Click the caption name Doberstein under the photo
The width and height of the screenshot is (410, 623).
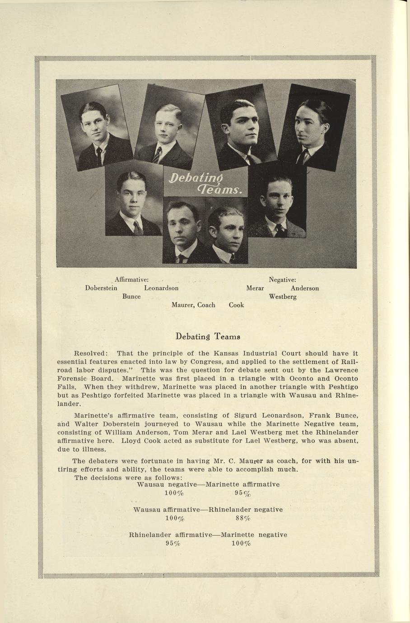click(x=101, y=288)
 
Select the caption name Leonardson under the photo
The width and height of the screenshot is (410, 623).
click(x=161, y=288)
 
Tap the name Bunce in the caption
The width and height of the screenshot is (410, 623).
click(x=131, y=297)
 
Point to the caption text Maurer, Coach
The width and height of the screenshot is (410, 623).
click(x=193, y=305)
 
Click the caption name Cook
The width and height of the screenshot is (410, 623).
click(x=236, y=305)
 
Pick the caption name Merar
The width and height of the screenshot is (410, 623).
click(x=255, y=288)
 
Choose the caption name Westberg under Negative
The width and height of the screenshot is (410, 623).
click(x=283, y=297)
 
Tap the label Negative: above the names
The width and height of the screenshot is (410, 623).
click(x=282, y=280)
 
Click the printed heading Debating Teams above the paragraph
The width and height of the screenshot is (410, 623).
click(x=208, y=336)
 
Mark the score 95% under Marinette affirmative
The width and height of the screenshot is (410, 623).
click(x=242, y=493)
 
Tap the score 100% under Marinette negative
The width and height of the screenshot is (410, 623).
click(x=241, y=544)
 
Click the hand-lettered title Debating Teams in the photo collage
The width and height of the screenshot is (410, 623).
click(x=205, y=183)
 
